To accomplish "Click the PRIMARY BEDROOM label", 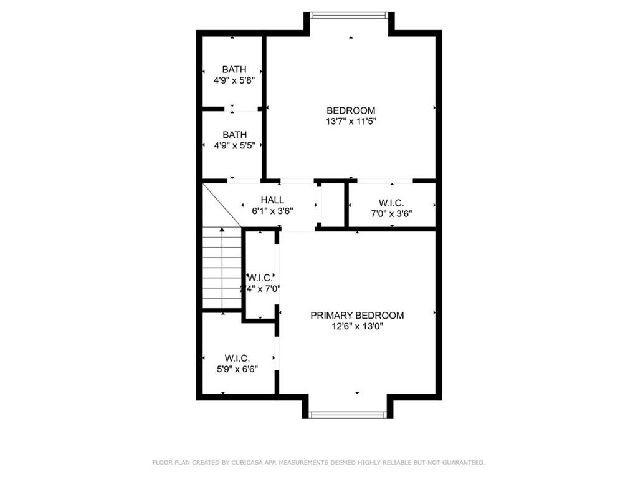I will coord(357,316).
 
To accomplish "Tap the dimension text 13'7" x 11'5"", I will coord(351,122).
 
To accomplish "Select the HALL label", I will coord(272,200).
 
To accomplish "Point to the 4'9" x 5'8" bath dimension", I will coord(234,80).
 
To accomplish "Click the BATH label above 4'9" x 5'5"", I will coord(234,135).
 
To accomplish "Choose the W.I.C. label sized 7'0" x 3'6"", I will coord(391,203).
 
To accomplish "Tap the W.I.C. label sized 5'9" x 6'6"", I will coord(237,358).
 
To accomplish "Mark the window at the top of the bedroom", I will coord(350,15).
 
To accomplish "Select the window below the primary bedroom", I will coord(348,414).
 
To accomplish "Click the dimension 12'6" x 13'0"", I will coord(357,326).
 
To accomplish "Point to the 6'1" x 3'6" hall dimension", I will coord(272,211).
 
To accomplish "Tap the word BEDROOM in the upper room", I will coord(351,111).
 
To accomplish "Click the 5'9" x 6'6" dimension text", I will coord(237,369).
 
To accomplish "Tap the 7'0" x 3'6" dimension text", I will coord(391,213).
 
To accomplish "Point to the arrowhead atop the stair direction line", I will coord(222,230).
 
